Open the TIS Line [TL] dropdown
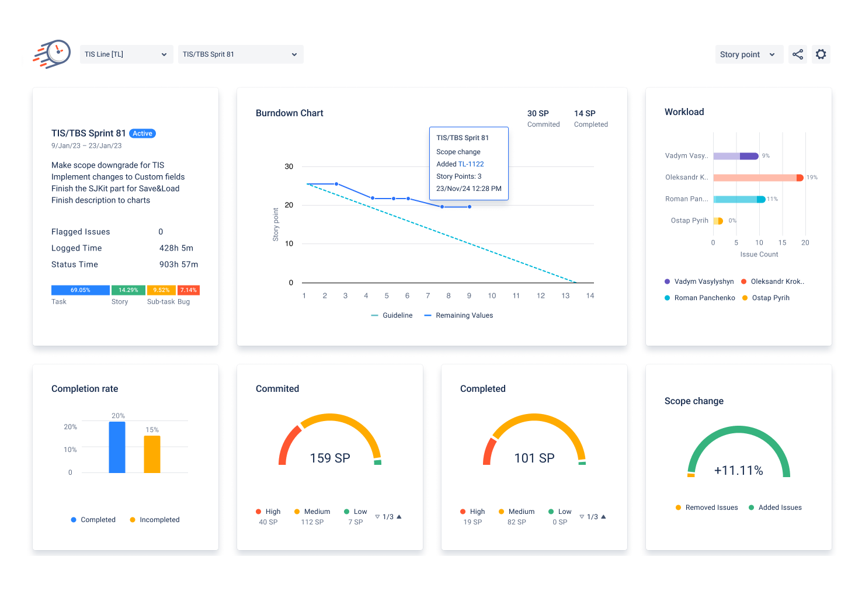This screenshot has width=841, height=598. [x=126, y=54]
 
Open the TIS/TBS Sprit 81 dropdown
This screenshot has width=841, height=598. [x=240, y=54]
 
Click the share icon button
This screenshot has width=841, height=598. [x=798, y=54]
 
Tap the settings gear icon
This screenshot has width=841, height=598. [x=821, y=54]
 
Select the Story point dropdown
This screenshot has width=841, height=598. [x=748, y=54]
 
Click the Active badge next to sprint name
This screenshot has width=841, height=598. [x=143, y=134]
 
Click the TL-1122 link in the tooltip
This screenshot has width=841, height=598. [x=471, y=164]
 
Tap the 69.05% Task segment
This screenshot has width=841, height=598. [x=81, y=290]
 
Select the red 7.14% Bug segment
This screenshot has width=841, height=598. [x=189, y=290]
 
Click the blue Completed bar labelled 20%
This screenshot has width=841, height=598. [x=117, y=447]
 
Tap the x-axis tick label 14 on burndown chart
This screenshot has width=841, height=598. [x=590, y=296]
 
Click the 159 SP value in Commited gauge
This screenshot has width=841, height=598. [x=330, y=458]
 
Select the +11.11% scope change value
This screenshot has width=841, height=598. [x=739, y=471]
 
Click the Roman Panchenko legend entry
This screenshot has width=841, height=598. [x=704, y=298]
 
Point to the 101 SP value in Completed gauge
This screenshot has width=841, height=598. [x=534, y=458]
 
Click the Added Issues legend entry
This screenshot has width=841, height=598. [x=780, y=507]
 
